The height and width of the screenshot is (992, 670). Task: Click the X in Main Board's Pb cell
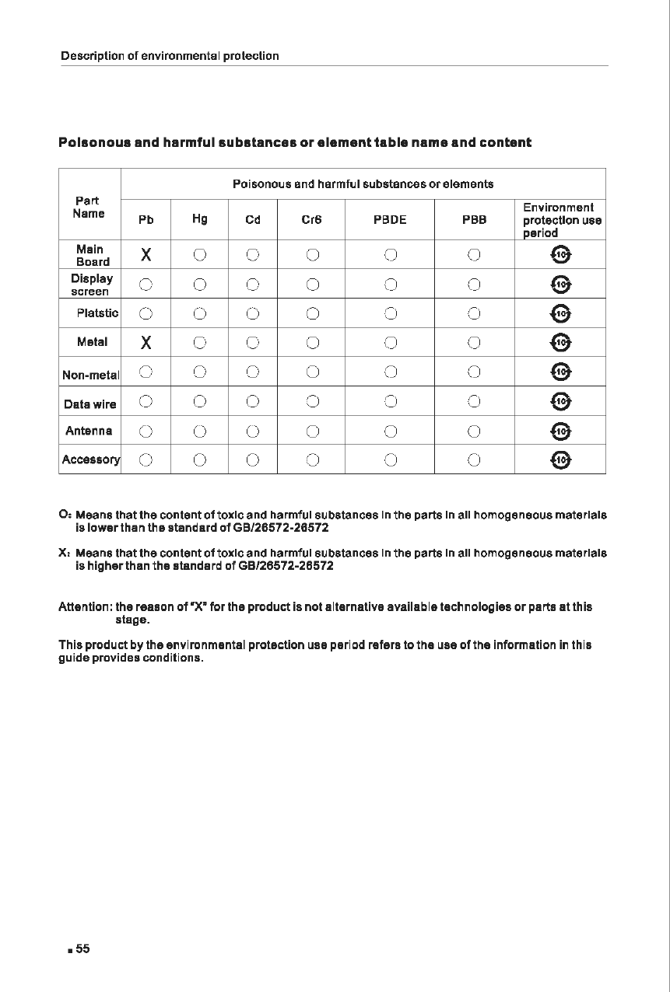146,254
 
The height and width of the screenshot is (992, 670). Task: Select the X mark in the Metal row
146,343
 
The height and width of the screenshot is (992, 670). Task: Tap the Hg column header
199,219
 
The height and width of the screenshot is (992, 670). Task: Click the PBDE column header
390,220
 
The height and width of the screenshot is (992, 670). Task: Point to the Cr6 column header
311,220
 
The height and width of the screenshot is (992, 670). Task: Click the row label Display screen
91,285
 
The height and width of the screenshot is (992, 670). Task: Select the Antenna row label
89,431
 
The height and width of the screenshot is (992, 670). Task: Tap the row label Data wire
90,404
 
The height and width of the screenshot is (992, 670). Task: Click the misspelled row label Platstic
97,313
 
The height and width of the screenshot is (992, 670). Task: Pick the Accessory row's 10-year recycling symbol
562,460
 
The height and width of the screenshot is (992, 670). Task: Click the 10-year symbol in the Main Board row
562,254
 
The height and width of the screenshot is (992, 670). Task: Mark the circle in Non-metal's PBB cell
474,372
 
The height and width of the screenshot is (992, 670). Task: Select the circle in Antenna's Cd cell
252,431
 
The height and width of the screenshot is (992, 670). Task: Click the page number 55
82,948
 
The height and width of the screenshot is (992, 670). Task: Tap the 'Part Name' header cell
88,207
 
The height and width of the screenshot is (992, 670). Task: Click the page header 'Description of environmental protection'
170,56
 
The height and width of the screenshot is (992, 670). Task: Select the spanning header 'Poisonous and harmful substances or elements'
363,184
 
